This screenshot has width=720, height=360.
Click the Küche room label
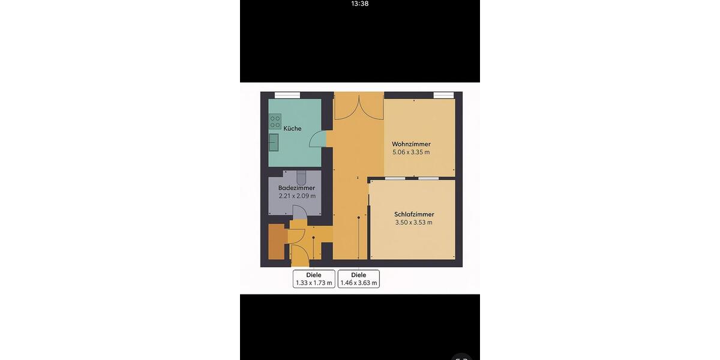[292, 128]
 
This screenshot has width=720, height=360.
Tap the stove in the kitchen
[275, 121]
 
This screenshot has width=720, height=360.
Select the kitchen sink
[274, 142]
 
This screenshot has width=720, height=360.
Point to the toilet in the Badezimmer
[301, 176]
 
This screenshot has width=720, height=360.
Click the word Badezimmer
[296, 188]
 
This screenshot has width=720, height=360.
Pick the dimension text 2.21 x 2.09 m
[296, 196]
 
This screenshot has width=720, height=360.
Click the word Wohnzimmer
[411, 144]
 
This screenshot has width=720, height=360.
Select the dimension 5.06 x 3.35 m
[411, 152]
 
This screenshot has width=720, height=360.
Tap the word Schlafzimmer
[414, 214]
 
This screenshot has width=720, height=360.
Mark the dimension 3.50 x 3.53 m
[413, 223]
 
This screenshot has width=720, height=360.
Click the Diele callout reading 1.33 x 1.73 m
[314, 279]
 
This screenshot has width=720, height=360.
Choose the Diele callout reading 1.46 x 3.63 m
[359, 279]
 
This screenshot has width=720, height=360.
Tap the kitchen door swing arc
[317, 139]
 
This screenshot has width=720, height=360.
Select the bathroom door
[299, 213]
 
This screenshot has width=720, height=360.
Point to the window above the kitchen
[287, 95]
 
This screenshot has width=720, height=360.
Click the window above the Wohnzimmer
[443, 95]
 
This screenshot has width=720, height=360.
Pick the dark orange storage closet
[276, 242]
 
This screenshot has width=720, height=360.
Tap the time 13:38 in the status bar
[359, 4]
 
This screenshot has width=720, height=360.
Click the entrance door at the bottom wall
[299, 256]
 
